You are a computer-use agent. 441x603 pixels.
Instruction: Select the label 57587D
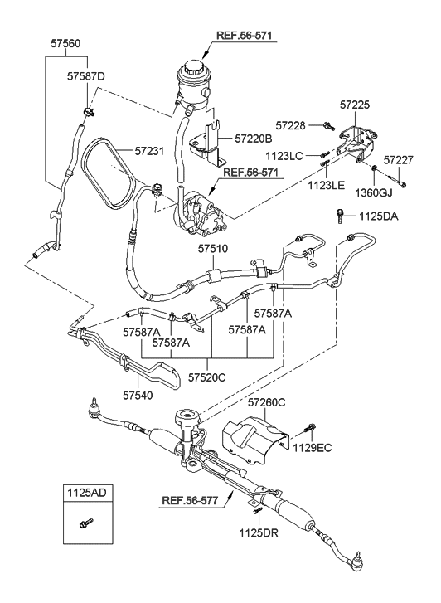point(86,76)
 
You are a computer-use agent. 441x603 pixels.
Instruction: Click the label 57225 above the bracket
point(361,105)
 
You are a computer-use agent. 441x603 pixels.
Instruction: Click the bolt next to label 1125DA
point(341,216)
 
